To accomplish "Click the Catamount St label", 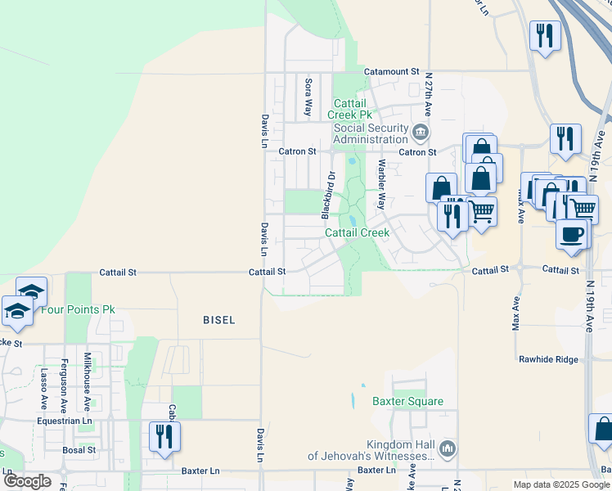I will coord(391,72).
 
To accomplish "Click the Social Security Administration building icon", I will coord(421,132).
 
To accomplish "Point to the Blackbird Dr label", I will coord(328,195).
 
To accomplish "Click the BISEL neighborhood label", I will coord(219,320).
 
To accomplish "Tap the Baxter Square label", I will coord(407,402).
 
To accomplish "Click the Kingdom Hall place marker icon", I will coord(447,448).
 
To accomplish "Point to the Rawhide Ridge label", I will coord(548,359).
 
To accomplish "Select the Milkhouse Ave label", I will coord(88,381).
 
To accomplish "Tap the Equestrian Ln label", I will coord(65,421).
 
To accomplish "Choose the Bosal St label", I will coord(79,450).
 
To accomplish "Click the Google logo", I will coord(27,481).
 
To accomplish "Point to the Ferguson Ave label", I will coord(64,381).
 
